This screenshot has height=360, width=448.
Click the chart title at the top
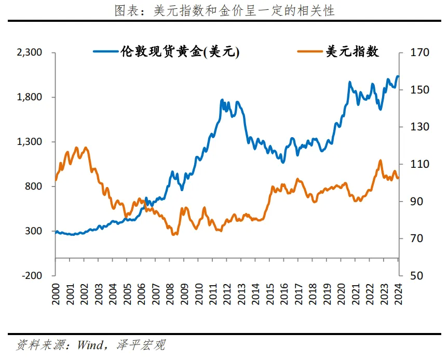tap(224, 11)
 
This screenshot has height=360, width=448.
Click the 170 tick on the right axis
tap(414, 53)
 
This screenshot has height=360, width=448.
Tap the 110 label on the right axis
tap(414, 164)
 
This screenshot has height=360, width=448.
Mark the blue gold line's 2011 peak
tap(222, 99)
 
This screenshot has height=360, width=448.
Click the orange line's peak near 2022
tap(380, 161)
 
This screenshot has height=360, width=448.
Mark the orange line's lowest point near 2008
tap(173, 235)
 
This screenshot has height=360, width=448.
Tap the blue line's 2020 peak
tap(349, 82)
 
